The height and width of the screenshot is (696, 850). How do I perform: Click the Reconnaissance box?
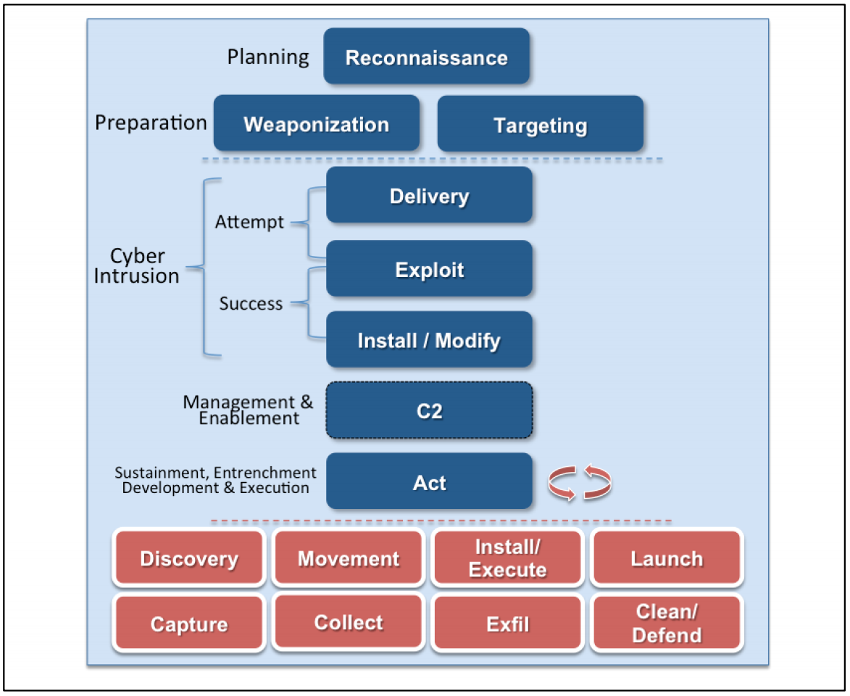(426, 57)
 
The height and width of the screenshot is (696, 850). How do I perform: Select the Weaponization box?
(317, 124)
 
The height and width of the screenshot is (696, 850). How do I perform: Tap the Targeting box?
(541, 125)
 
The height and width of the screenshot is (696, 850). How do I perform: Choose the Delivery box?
(429, 196)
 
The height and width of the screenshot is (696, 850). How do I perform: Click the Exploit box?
(429, 270)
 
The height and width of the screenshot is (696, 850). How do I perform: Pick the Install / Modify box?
(429, 340)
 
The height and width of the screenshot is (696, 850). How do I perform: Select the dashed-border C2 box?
(429, 411)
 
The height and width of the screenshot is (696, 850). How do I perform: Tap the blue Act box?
(429, 482)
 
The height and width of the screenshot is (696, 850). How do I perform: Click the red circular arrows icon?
(580, 483)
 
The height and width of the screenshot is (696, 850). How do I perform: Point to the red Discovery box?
(188, 558)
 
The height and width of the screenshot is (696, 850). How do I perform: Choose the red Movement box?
(349, 558)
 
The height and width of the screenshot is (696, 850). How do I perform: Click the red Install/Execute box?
(507, 558)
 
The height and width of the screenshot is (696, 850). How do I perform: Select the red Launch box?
(667, 558)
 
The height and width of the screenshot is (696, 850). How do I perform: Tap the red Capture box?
(188, 623)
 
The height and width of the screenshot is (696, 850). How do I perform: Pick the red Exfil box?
(507, 623)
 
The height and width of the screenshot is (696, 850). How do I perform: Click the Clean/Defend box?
(667, 623)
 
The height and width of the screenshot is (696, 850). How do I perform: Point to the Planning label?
(268, 57)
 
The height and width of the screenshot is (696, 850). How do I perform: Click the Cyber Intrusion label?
(137, 266)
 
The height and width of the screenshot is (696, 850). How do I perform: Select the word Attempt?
(249, 223)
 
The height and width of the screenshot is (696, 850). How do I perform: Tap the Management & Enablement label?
(248, 410)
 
